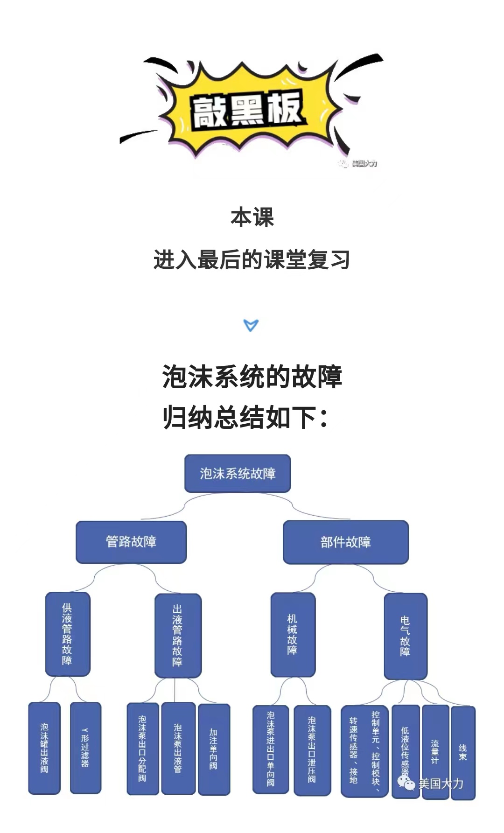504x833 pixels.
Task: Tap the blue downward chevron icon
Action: [x=251, y=325]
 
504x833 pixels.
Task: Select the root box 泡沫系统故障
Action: [x=238, y=474]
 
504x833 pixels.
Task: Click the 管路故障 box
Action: [x=131, y=542]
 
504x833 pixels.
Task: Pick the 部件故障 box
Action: [x=346, y=542]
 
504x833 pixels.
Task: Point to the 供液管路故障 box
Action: [x=68, y=634]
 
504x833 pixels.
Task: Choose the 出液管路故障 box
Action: [x=178, y=636]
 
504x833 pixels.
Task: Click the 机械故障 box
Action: [x=293, y=635]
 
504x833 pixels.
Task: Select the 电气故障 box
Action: [x=406, y=636]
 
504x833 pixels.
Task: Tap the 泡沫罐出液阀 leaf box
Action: [x=44, y=748]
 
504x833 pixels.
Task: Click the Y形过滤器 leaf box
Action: [x=85, y=748]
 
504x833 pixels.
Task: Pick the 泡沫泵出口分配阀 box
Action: [x=143, y=749]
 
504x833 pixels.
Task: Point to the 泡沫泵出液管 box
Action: [x=178, y=749]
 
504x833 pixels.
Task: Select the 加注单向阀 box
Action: [x=214, y=749]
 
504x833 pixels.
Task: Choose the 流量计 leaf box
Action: [x=435, y=752]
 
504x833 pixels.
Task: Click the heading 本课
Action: [x=252, y=217]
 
